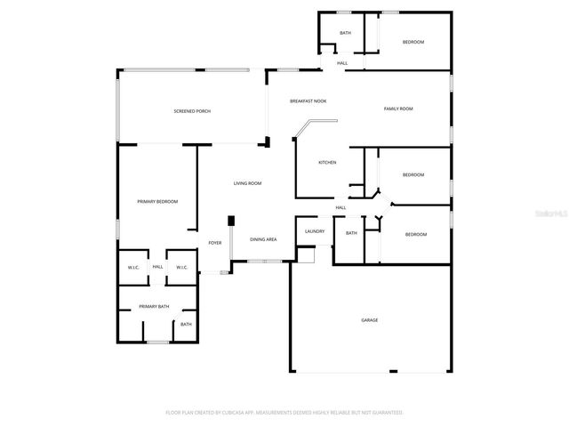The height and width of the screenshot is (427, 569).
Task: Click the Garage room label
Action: (369, 320)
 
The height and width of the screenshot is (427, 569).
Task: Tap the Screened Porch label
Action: (192, 110)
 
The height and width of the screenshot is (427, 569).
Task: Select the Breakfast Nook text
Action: (308, 101)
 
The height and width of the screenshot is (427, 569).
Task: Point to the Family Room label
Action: (398, 109)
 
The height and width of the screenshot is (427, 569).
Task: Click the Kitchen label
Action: (327, 163)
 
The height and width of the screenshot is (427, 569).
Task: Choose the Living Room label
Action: (247, 183)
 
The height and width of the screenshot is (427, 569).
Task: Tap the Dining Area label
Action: (262, 239)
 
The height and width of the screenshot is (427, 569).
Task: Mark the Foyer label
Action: (214, 243)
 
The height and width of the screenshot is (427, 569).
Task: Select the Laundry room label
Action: (314, 231)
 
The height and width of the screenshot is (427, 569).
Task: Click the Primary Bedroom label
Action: (157, 202)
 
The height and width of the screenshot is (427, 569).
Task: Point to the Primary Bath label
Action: (154, 307)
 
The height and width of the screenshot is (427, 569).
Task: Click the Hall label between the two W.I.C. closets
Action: (157, 267)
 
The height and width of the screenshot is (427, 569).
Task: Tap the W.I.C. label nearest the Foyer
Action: (180, 267)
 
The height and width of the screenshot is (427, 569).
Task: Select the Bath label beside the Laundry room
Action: (351, 233)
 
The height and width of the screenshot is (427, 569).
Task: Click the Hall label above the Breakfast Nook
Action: (342, 63)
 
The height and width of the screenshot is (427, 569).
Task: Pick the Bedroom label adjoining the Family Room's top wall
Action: (413, 42)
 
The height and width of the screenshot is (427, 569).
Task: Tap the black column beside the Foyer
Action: (231, 220)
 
